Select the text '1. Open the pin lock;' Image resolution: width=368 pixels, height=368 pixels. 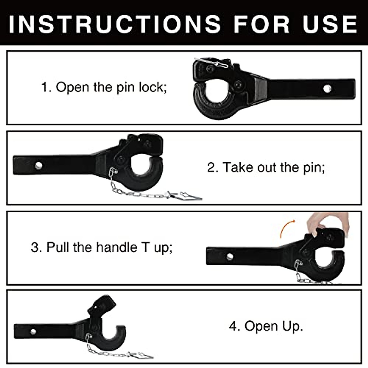coord(104,87)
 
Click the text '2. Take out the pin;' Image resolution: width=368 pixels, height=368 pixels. coord(266,167)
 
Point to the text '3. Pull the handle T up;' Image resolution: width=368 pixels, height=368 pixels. coord(102,247)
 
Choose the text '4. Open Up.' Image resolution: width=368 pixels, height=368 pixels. coord(266,326)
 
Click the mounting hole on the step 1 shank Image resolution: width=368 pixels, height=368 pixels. coord(327,89)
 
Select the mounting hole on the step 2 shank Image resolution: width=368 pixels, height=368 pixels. coord(38,166)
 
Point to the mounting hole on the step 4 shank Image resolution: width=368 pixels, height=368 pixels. coord(33,332)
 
